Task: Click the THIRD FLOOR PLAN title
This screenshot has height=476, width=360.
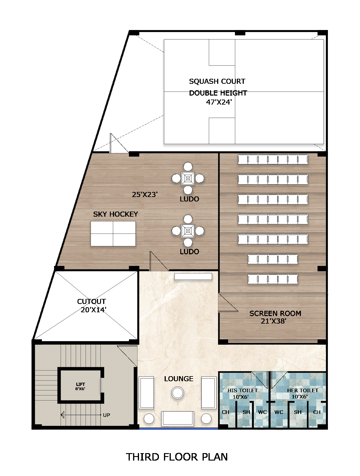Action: [x=177, y=457]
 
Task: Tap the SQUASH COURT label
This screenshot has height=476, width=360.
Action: [x=217, y=81]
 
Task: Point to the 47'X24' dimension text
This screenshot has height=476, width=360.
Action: [x=219, y=102]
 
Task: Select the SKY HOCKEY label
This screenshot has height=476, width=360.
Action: [x=116, y=214]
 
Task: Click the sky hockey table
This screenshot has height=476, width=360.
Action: [x=113, y=234]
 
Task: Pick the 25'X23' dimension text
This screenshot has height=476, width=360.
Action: [x=145, y=195]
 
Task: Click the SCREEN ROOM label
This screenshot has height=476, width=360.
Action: [x=275, y=313]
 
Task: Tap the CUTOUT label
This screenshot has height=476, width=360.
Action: [x=91, y=302]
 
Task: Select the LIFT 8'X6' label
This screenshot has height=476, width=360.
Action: [x=80, y=386]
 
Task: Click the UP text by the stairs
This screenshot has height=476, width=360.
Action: [x=106, y=415]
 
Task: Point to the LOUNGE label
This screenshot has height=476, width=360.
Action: [x=179, y=379]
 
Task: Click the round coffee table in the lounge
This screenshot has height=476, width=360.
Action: [x=178, y=393]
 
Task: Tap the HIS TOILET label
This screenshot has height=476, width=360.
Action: [x=242, y=390]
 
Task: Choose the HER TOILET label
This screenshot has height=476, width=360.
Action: [x=302, y=390]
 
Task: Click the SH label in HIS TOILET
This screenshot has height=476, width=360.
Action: [x=246, y=412]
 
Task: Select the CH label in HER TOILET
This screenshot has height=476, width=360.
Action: [x=317, y=412]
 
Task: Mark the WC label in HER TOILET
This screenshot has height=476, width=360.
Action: [x=279, y=412]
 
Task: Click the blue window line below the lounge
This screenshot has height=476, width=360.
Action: [x=178, y=428]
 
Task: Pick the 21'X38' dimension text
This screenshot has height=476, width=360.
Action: [x=273, y=321]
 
